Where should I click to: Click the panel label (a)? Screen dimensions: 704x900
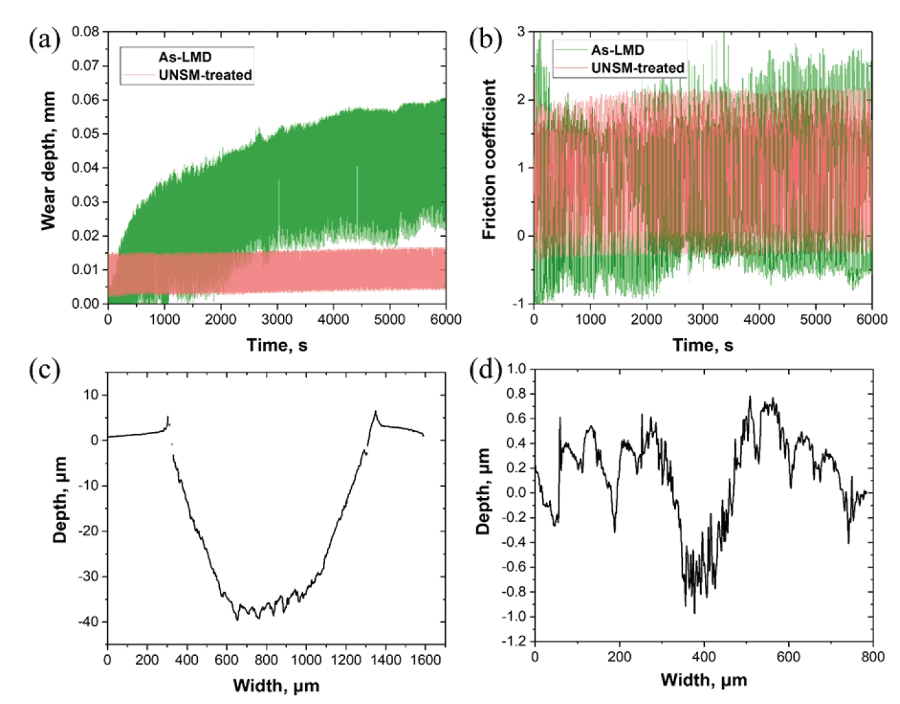[x=44, y=39]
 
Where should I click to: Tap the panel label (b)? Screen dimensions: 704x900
[x=485, y=39]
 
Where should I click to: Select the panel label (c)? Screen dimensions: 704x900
[x=44, y=369]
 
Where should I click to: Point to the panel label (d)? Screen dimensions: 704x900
[x=485, y=369]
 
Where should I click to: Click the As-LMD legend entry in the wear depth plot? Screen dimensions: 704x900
[x=185, y=57]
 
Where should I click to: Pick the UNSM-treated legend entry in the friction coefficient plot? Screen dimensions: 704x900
[x=637, y=68]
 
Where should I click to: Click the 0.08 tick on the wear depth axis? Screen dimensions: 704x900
[x=85, y=31]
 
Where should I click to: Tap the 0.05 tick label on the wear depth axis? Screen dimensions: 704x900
[x=85, y=133]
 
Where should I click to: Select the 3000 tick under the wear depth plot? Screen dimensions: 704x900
[x=276, y=319]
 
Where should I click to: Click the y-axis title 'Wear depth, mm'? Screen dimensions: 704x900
[x=48, y=161]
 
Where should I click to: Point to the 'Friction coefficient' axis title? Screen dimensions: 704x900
[x=490, y=159]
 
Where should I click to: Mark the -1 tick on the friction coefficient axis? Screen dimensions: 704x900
[x=520, y=303]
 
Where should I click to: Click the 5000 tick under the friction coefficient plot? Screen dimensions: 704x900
[x=815, y=319]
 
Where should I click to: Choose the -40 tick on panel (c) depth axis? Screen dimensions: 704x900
[x=88, y=622]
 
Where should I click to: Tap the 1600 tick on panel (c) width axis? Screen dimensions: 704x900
[x=425, y=660]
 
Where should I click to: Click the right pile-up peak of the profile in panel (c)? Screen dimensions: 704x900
[x=376, y=412]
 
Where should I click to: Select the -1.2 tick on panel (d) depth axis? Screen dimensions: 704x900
[x=513, y=641]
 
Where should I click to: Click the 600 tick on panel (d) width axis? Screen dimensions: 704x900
[x=788, y=657]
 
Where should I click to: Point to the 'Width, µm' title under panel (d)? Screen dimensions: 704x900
[x=703, y=680]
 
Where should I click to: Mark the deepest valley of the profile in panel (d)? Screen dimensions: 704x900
[x=694, y=612]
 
